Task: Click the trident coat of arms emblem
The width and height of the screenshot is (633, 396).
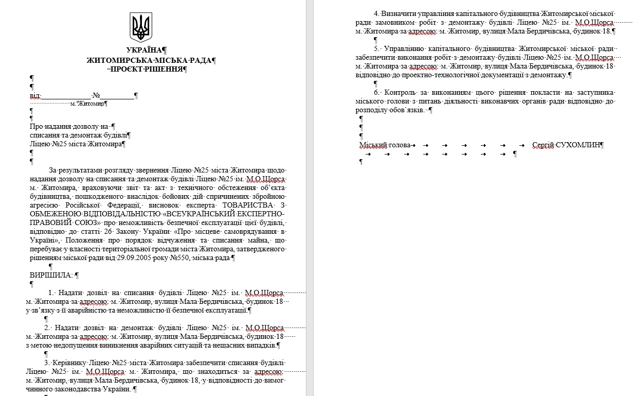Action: [x=141, y=28]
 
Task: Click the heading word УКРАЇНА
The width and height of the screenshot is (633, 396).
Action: [x=144, y=50]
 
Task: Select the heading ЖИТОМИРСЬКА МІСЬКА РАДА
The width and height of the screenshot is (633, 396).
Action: [x=149, y=60]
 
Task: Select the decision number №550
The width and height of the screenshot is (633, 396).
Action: [x=177, y=257]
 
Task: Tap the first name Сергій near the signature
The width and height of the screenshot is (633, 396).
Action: [x=543, y=145]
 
